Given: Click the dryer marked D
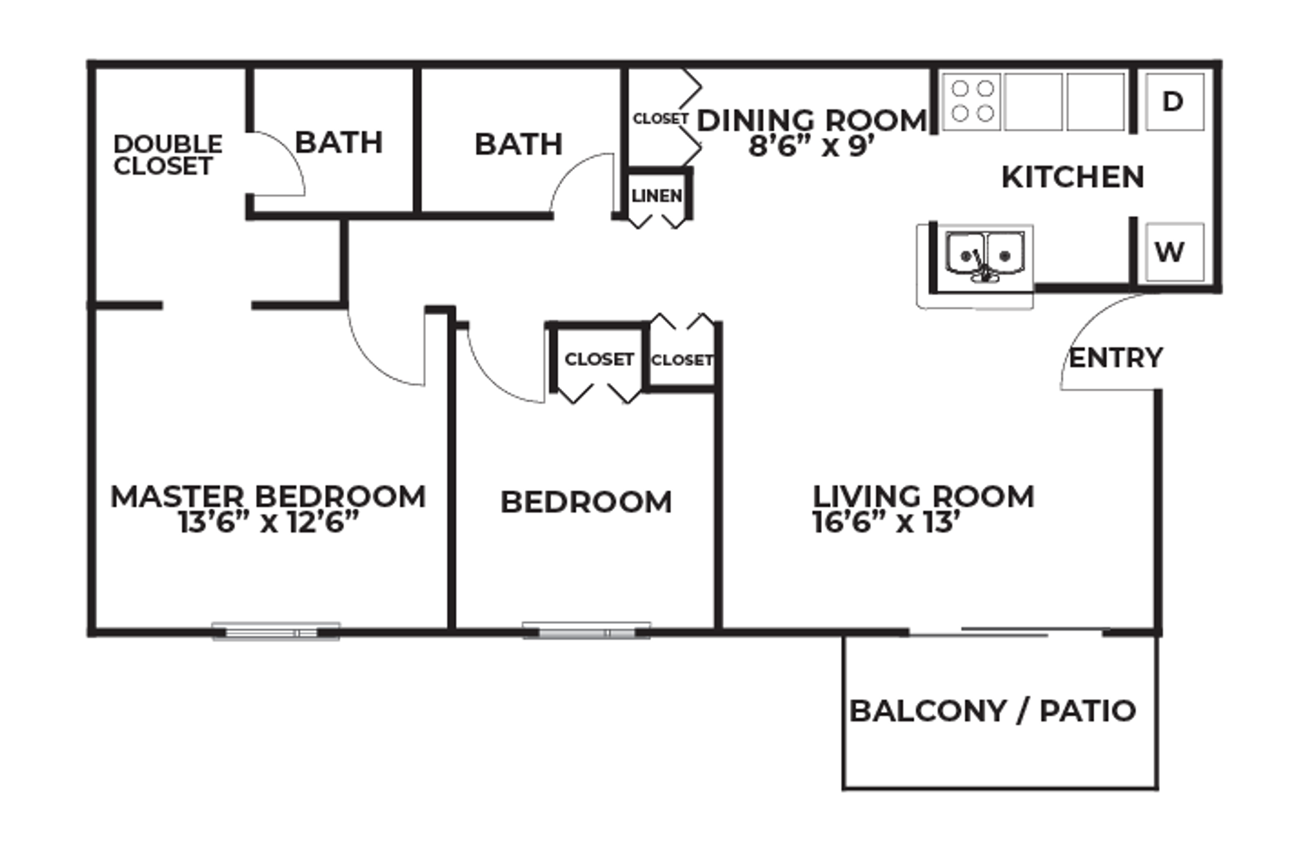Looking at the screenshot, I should pyautogui.click(x=1174, y=102).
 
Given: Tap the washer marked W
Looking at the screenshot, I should pyautogui.click(x=1174, y=252).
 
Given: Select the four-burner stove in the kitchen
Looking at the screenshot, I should pyautogui.click(x=971, y=102).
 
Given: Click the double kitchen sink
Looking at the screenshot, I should pyautogui.click(x=984, y=256).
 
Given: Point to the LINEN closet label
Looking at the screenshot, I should pyautogui.click(x=657, y=196).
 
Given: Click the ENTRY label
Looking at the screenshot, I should pyautogui.click(x=1115, y=358).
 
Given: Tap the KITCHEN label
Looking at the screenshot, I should pyautogui.click(x=1072, y=178).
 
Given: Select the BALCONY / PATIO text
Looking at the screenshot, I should pyautogui.click(x=992, y=711).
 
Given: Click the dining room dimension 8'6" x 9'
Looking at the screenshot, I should pyautogui.click(x=810, y=147).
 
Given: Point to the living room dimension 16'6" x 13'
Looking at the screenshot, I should pyautogui.click(x=886, y=523).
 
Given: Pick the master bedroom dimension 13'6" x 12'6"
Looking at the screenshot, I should pyautogui.click(x=268, y=523).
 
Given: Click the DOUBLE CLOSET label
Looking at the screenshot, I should pyautogui.click(x=167, y=155).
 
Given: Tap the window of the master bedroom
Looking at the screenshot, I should pyautogui.click(x=276, y=632).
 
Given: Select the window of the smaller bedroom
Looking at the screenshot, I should pyautogui.click(x=586, y=632).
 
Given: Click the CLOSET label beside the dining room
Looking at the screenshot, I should pyautogui.click(x=660, y=119).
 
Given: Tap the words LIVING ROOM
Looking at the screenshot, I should pyautogui.click(x=923, y=496).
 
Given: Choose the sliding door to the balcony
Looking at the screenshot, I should pyautogui.click(x=1005, y=632).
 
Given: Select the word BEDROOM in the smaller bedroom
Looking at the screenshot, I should pyautogui.click(x=586, y=502).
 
